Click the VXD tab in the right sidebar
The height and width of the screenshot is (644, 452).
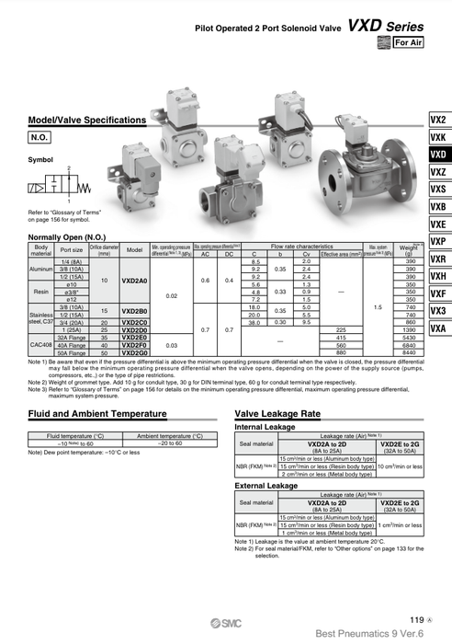pos(437,155)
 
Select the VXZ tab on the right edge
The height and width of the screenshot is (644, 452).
pos(437,172)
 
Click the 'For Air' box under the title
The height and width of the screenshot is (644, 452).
pos(407,42)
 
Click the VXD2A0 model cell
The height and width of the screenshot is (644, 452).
pos(134,281)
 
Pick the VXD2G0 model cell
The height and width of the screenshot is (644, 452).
pos(134,351)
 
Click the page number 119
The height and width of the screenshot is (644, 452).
pos(416,620)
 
